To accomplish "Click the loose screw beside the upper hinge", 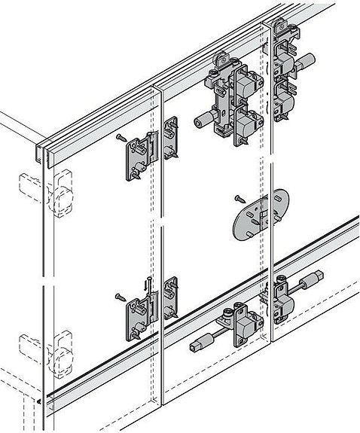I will point(119,136).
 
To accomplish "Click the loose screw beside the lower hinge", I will point(119,296).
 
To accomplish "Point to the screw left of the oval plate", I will point(236,199).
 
